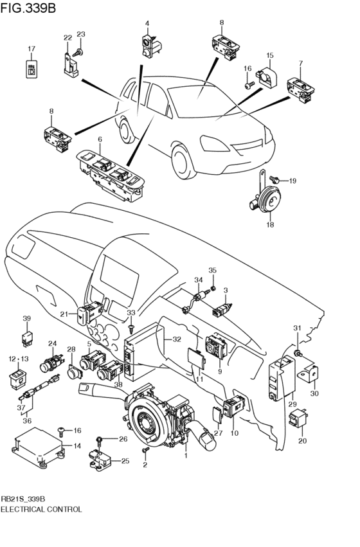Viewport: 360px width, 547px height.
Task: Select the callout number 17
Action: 31,49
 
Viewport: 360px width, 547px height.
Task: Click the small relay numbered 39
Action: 26,336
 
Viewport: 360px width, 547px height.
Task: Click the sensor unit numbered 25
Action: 102,458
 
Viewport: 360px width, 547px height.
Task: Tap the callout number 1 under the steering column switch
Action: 186,456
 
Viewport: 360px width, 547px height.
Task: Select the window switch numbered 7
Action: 299,87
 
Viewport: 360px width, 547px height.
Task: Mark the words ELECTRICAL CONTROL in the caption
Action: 41,509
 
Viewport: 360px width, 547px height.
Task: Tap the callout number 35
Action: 213,271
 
